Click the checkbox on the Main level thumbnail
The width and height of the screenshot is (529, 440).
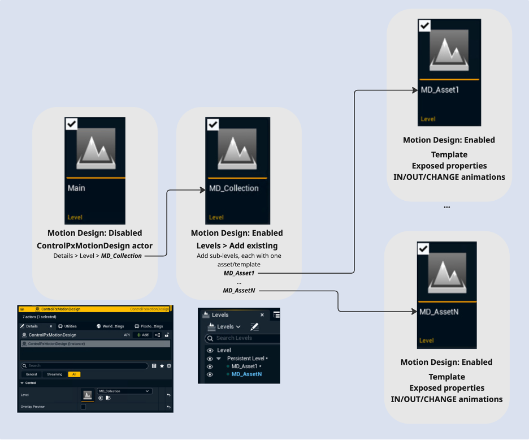click(x=72, y=124)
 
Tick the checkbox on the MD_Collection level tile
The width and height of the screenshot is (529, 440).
click(x=213, y=124)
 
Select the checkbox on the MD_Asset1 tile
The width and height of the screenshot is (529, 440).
click(x=424, y=25)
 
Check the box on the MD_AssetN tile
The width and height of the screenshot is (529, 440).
click(x=423, y=248)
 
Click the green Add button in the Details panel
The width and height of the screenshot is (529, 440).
click(x=142, y=335)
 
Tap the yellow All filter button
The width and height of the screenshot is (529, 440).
click(x=74, y=374)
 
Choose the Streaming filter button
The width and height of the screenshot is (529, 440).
click(x=55, y=374)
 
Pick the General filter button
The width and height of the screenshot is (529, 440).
click(x=32, y=374)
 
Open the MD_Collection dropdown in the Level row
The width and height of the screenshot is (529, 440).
click(x=124, y=391)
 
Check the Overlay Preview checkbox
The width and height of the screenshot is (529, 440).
click(x=84, y=407)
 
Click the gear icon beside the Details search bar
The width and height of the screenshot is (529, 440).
click(x=169, y=366)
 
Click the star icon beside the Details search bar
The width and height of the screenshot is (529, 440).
click(x=162, y=366)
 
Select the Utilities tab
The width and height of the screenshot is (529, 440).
click(x=67, y=326)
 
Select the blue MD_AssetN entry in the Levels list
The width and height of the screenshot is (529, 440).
click(x=246, y=374)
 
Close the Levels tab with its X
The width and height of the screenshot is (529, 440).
click(x=262, y=315)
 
